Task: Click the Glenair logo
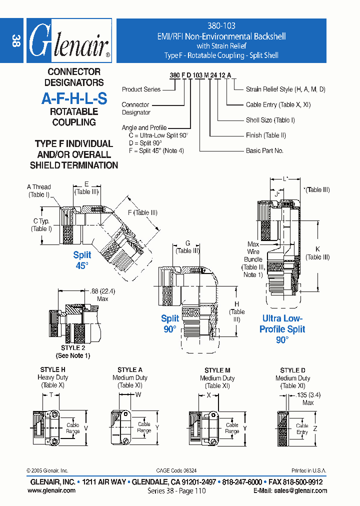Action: coord(69,41)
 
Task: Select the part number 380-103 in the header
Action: coord(221,25)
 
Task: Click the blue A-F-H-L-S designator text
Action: coord(74,98)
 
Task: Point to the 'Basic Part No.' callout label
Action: coord(264,150)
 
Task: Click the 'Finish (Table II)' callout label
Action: coord(265,135)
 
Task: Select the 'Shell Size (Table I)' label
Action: coord(270,120)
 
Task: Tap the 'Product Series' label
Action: coord(141,89)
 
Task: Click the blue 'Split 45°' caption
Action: coord(82,260)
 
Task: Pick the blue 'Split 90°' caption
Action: coord(170,323)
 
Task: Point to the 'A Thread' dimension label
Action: coord(38,187)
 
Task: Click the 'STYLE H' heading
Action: coord(52,369)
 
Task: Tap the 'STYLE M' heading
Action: coord(217,370)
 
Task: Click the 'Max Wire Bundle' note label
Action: coord(253,259)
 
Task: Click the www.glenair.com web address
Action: coord(51,490)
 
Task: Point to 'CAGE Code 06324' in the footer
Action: coord(176,470)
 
